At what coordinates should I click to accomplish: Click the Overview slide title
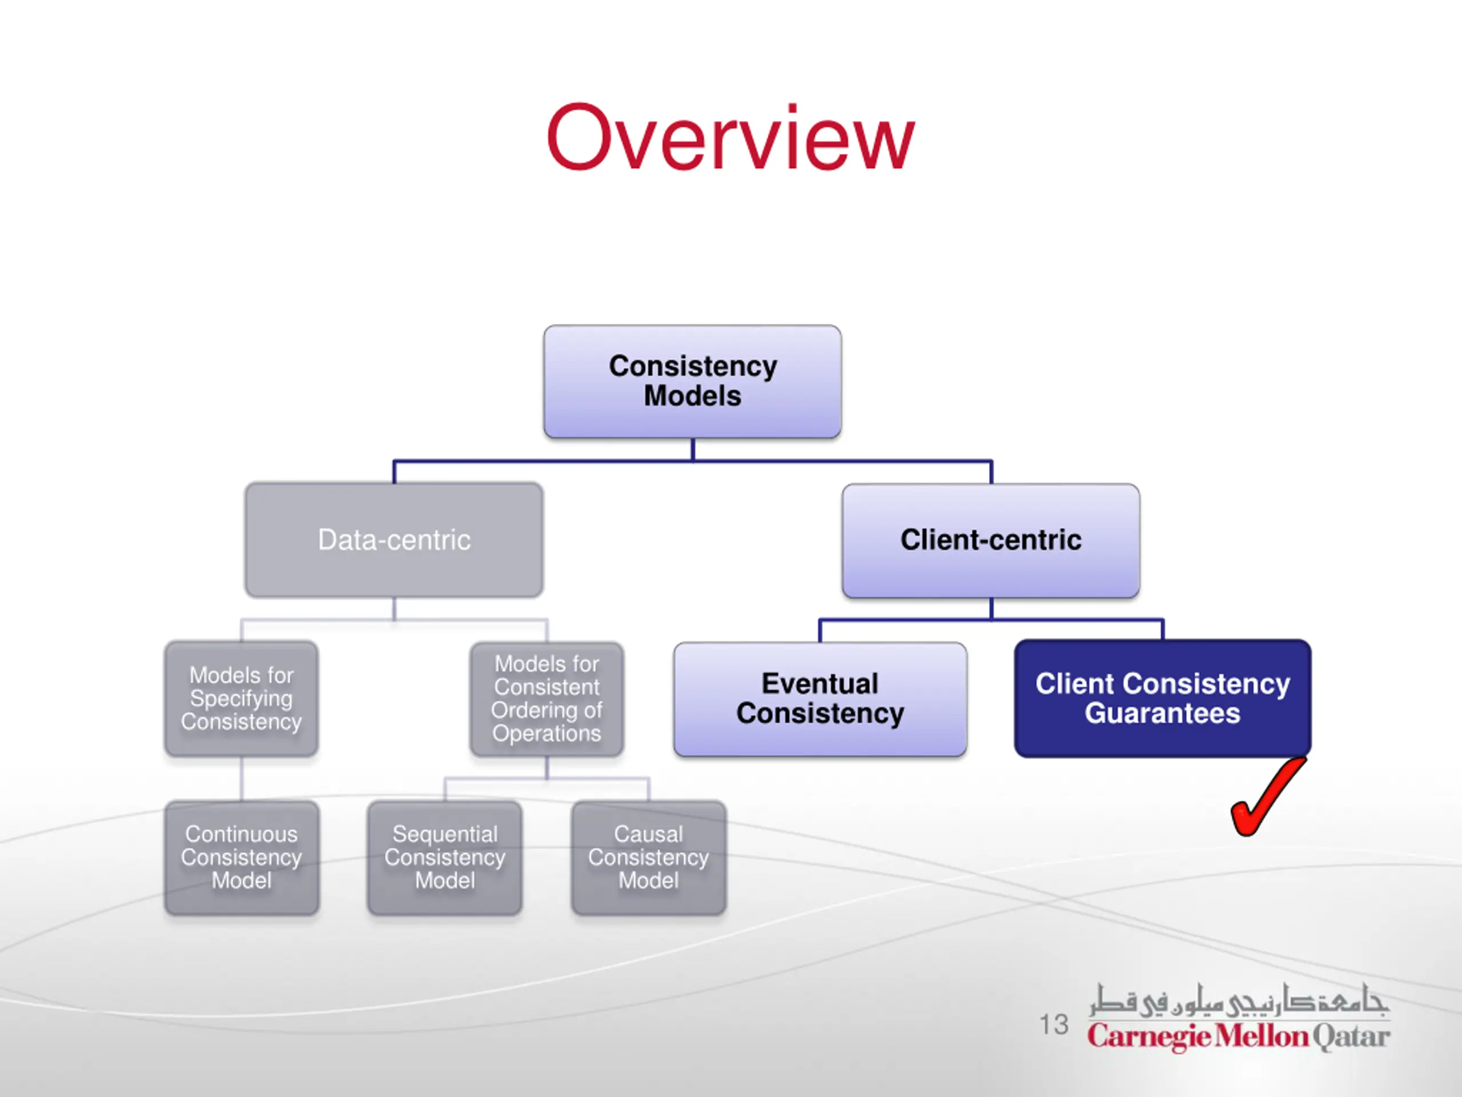(x=730, y=138)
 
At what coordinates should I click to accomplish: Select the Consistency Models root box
(x=693, y=382)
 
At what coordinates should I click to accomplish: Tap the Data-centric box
(x=394, y=539)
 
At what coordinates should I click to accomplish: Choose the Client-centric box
(x=991, y=541)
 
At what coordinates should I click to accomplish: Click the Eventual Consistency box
(x=820, y=699)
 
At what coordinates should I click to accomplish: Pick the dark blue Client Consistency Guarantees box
(x=1163, y=698)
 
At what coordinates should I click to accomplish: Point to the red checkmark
(x=1268, y=797)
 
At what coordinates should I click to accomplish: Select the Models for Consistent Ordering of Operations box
(x=547, y=699)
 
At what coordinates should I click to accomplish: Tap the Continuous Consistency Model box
(x=242, y=858)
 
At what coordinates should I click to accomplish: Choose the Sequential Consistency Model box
(x=445, y=858)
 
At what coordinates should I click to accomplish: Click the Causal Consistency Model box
(x=648, y=858)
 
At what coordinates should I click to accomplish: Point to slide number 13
(x=1054, y=1024)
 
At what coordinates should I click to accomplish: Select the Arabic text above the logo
(x=1239, y=1000)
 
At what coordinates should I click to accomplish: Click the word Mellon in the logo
(x=1262, y=1035)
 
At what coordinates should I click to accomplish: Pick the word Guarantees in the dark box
(x=1163, y=714)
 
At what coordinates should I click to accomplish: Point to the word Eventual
(x=820, y=683)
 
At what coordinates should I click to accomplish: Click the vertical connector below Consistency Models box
(x=693, y=450)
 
